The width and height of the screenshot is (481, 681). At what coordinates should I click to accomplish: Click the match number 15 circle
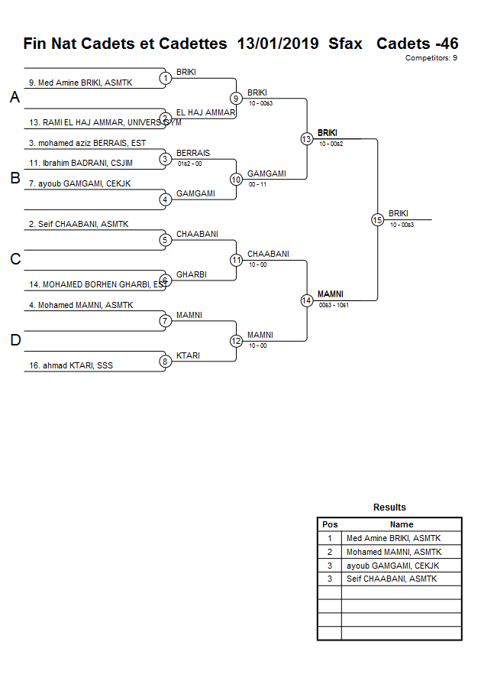(x=377, y=220)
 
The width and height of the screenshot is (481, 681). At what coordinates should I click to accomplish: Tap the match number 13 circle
(x=306, y=139)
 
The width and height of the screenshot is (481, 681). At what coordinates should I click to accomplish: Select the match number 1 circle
(x=165, y=78)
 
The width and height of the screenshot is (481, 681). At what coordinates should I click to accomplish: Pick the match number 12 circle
(x=236, y=341)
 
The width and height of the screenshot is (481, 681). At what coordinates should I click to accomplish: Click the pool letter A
(x=15, y=98)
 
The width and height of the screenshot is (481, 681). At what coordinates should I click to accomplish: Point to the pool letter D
(x=15, y=341)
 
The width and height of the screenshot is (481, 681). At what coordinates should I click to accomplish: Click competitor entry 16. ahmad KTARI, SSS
(x=71, y=365)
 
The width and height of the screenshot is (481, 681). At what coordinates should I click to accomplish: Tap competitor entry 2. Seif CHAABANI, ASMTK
(x=79, y=224)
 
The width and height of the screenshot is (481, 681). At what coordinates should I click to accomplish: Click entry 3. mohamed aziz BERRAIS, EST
(x=87, y=143)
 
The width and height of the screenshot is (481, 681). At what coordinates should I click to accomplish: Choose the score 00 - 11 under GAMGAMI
(x=258, y=184)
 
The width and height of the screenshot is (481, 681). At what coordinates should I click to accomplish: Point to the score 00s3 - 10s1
(x=334, y=306)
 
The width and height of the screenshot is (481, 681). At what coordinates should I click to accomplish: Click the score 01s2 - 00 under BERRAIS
(x=189, y=164)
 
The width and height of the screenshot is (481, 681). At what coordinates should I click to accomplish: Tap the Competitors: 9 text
(x=431, y=58)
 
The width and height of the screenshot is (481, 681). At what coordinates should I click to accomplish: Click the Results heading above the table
(x=389, y=508)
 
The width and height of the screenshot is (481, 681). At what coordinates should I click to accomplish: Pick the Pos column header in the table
(x=330, y=524)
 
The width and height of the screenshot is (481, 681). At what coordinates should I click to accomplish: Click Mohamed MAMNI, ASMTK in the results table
(x=393, y=552)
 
